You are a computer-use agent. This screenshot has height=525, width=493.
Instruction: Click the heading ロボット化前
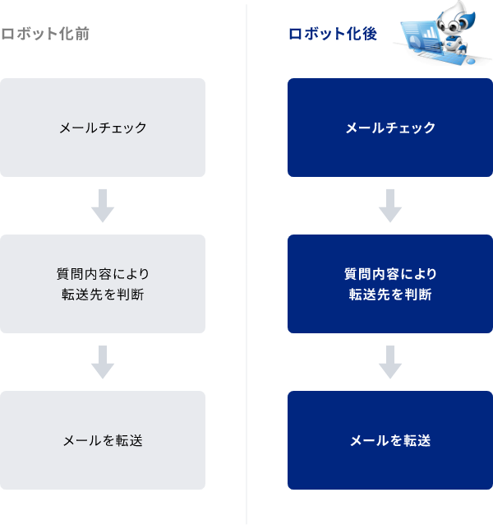tap(45, 35)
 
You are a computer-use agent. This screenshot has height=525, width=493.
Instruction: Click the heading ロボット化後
tap(332, 35)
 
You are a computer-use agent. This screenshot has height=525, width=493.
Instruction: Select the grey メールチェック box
tap(103, 128)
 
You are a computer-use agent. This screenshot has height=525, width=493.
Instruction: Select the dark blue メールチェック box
tap(390, 128)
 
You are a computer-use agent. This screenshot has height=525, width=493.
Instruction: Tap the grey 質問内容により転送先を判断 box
tap(103, 284)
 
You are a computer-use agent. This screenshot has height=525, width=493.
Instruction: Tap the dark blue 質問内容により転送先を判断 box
tap(390, 284)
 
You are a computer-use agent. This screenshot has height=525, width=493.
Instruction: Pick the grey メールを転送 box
tap(103, 440)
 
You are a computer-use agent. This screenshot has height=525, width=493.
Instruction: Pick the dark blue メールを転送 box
tap(390, 440)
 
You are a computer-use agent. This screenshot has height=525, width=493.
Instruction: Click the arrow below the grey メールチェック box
tap(103, 206)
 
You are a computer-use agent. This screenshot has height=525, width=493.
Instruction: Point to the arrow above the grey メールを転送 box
tap(103, 362)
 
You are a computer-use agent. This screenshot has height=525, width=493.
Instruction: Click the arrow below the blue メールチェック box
tap(390, 206)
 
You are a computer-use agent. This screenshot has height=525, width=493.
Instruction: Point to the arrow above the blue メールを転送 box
tap(390, 362)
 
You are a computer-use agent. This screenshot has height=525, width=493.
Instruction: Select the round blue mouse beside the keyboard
tap(469, 59)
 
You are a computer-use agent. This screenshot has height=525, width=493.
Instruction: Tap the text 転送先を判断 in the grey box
tap(103, 295)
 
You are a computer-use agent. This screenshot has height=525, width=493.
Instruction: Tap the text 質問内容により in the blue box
tap(390, 273)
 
